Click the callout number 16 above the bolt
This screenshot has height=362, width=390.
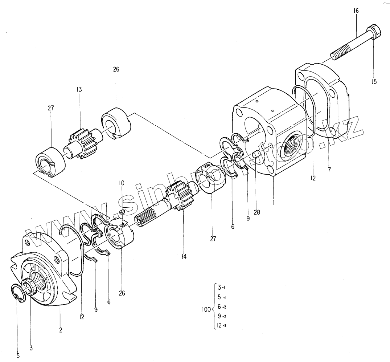coord(356,11)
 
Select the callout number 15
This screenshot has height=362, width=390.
coord(374,82)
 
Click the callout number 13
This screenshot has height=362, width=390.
coord(79,89)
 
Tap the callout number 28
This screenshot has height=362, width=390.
coord(257,212)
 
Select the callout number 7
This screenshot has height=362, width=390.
coord(329,169)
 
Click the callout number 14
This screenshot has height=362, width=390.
coord(184,257)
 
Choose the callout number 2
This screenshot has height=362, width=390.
coord(61,330)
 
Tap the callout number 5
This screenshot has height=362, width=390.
coord(18,355)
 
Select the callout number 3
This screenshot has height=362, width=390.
coord(31,348)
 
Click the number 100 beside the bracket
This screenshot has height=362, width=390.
coord(206,310)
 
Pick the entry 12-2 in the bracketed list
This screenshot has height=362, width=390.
coord(221,325)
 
